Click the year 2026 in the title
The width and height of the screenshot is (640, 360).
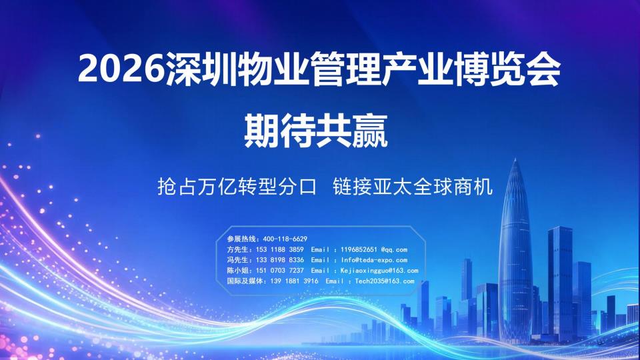coord(121,70)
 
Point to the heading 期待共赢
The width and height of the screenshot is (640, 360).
coord(315,131)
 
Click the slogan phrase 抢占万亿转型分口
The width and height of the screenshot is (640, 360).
coord(237,187)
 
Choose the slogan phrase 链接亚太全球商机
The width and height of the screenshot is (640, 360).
coord(413,187)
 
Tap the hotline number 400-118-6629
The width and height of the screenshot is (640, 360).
coord(285,239)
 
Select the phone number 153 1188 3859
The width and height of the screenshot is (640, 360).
coord(279,249)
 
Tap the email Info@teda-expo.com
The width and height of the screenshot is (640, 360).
coord(374,260)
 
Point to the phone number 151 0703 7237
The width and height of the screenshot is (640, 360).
coord(279,271)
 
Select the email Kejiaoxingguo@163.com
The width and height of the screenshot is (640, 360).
coord(379,271)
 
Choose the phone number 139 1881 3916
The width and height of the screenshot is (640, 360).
coord(294,281)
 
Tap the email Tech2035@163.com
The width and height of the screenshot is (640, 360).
coord(385,281)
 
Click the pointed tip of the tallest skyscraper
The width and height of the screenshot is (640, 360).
coord(515,159)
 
